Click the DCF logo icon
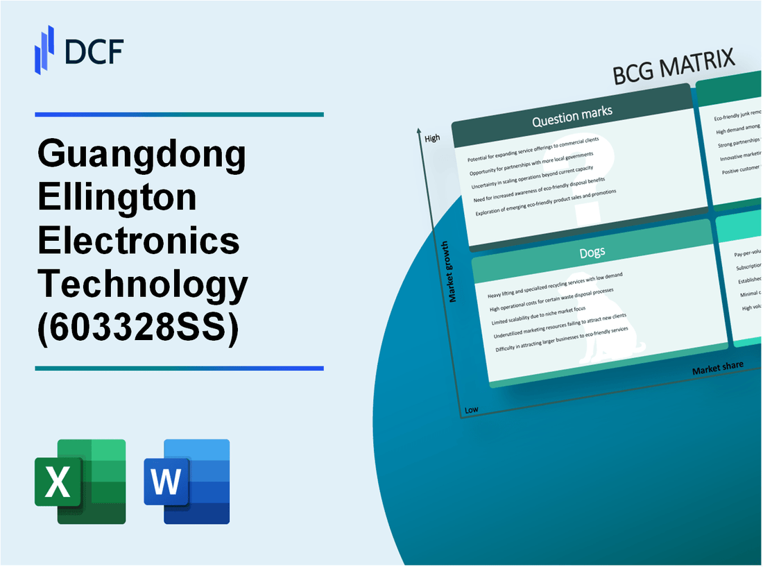click(x=44, y=49)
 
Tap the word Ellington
click(x=118, y=198)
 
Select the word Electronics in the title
click(x=139, y=241)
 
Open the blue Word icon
click(x=187, y=481)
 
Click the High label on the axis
click(x=432, y=138)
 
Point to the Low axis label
click(x=471, y=409)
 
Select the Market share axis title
click(x=717, y=367)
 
